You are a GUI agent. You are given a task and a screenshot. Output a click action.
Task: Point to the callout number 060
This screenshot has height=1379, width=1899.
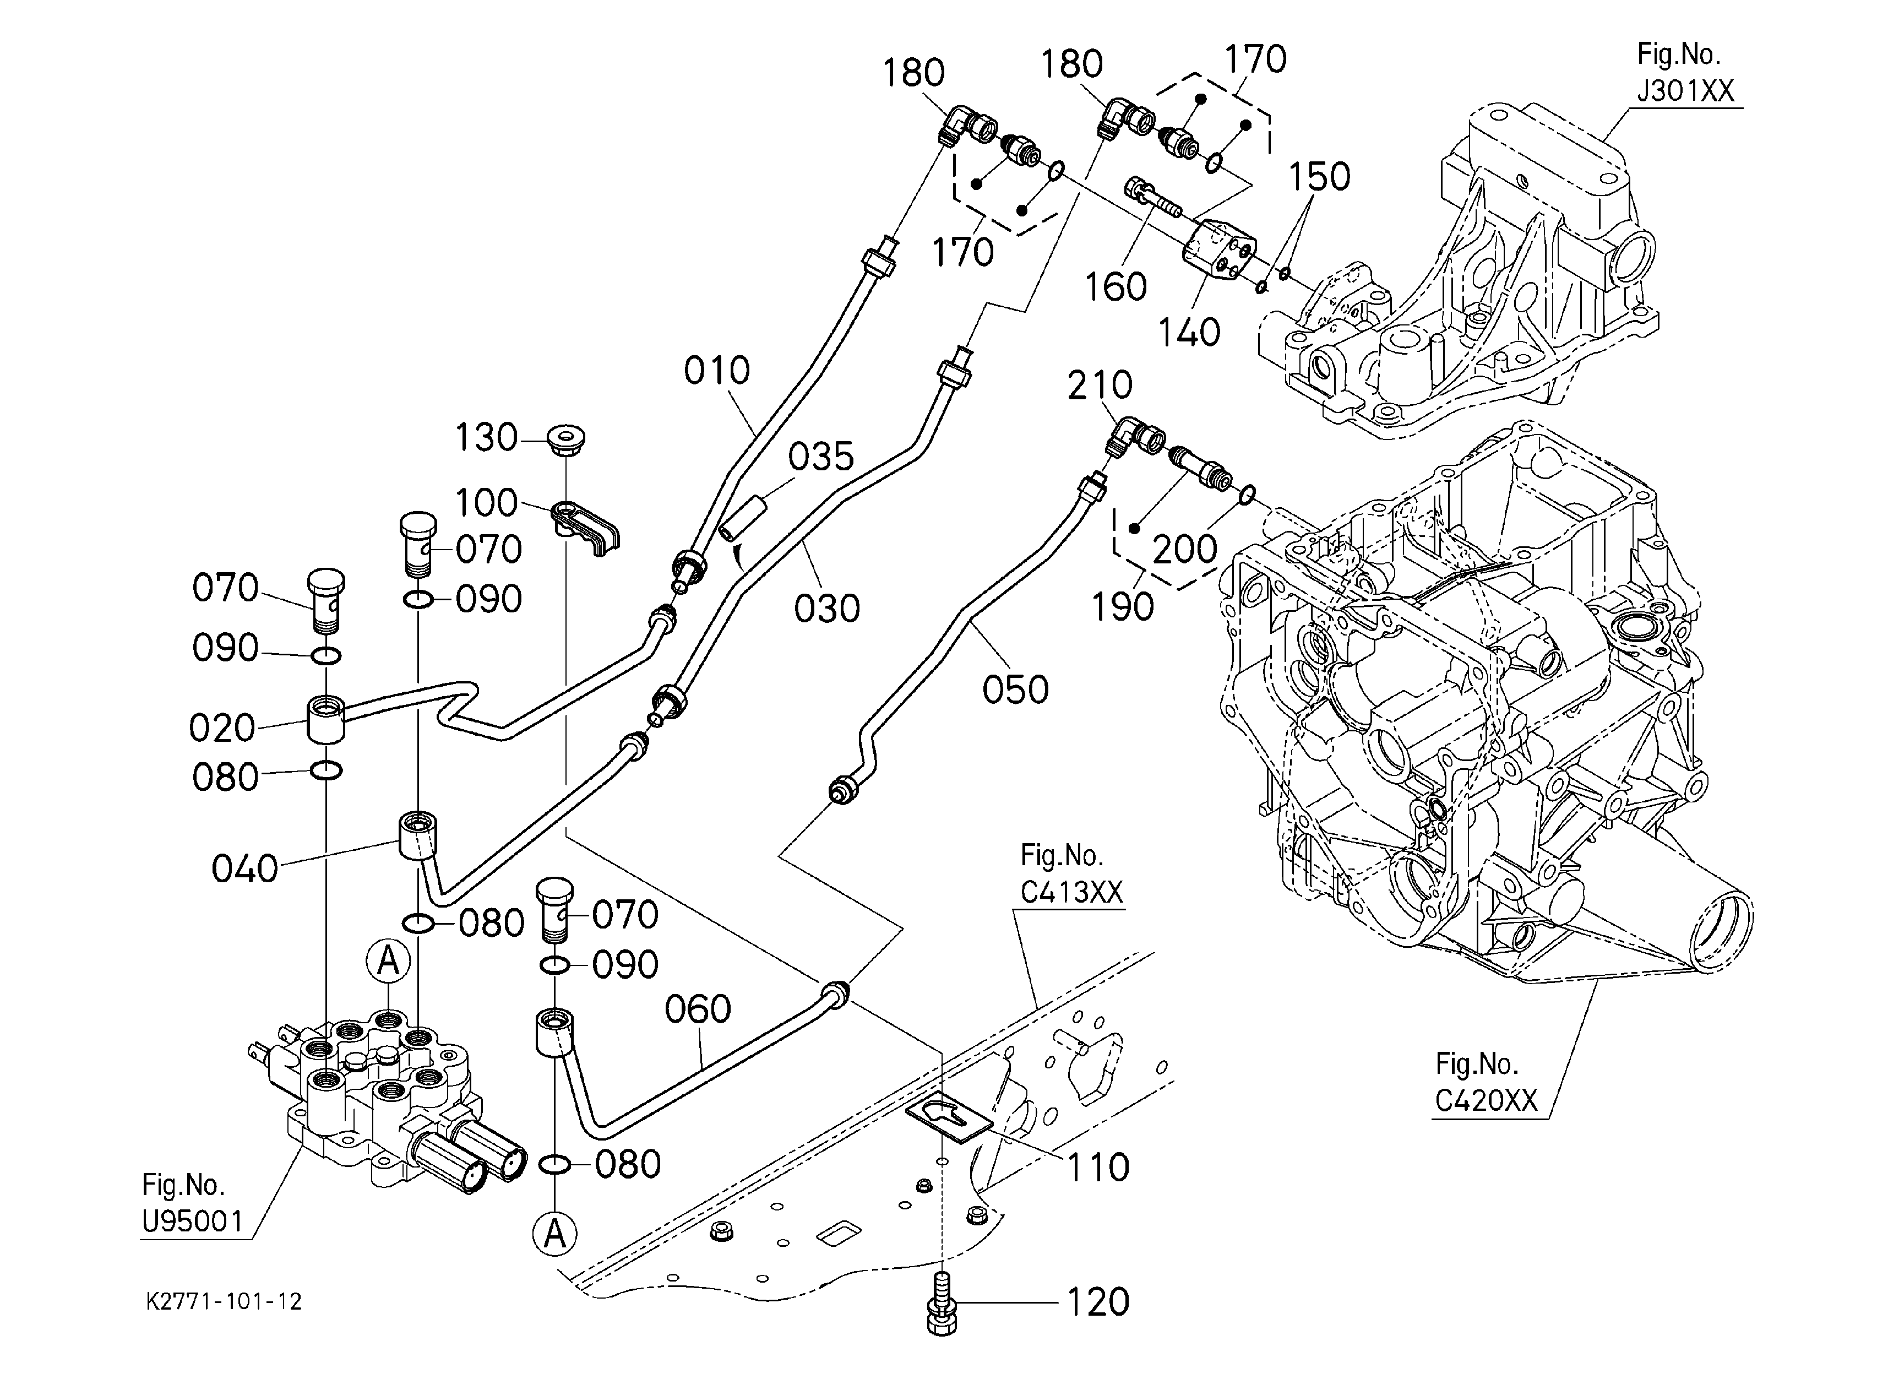[x=698, y=1010]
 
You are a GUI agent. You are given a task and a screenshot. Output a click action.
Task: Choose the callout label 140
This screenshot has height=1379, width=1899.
[x=1189, y=333]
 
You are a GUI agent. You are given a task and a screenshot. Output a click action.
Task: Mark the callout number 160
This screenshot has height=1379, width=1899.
[x=1116, y=287]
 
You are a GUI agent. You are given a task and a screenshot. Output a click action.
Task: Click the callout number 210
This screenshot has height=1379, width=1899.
[x=1100, y=385]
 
